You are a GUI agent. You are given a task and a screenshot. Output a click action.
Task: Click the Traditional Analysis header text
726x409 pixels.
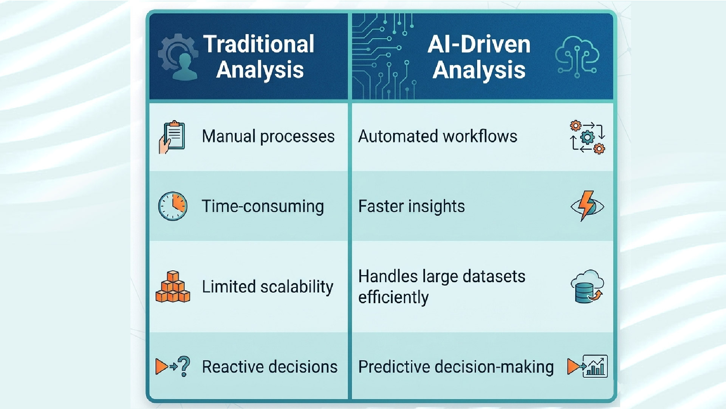[259, 57]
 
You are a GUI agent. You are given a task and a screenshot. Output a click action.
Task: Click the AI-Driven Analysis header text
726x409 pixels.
[479, 57]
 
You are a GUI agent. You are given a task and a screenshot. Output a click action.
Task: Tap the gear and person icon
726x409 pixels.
[178, 57]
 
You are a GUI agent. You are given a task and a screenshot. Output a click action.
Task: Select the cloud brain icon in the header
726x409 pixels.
[577, 57]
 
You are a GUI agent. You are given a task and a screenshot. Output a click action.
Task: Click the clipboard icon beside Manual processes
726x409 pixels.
[172, 137]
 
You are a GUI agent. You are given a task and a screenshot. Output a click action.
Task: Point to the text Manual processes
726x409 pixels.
[268, 137]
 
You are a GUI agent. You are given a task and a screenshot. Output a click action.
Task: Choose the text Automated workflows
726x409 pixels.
[438, 136]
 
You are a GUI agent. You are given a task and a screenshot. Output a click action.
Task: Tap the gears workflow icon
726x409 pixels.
[587, 137]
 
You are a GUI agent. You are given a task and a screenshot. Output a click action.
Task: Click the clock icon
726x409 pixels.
[173, 206]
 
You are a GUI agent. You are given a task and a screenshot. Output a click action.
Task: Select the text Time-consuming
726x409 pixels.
[263, 207]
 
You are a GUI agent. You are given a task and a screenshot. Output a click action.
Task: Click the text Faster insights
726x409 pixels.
[412, 207]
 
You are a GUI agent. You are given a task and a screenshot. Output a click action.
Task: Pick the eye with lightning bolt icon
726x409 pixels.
[587, 206]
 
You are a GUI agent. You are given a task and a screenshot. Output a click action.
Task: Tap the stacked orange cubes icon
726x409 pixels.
[173, 286]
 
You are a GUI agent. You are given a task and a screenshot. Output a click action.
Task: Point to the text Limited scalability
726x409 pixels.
[268, 287]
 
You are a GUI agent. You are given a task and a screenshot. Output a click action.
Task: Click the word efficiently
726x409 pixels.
[393, 297]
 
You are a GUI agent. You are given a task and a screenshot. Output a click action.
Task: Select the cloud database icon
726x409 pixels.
[587, 286]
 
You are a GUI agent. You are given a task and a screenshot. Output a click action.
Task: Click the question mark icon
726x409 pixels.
[184, 366]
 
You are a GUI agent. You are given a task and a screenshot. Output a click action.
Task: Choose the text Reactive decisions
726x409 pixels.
[269, 367]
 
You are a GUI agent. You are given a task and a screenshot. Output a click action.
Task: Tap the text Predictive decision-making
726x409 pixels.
[456, 367]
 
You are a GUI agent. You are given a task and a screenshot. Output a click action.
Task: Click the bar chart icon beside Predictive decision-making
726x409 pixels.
[595, 366]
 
